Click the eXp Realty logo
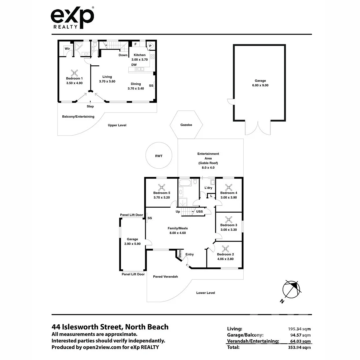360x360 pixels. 72,18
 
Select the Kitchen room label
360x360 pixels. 140,55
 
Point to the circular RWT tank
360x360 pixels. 159,156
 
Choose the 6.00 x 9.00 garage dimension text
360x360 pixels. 260,85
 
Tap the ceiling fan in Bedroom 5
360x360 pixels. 162,187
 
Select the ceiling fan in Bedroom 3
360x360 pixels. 229,219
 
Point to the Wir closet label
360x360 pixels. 67,49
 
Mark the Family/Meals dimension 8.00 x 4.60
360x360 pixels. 177,233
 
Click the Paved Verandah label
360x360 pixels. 165,277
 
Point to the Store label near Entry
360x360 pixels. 180,254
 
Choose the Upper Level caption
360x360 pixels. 117,125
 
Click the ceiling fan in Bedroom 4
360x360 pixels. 229,187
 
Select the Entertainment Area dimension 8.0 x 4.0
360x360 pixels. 208,168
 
